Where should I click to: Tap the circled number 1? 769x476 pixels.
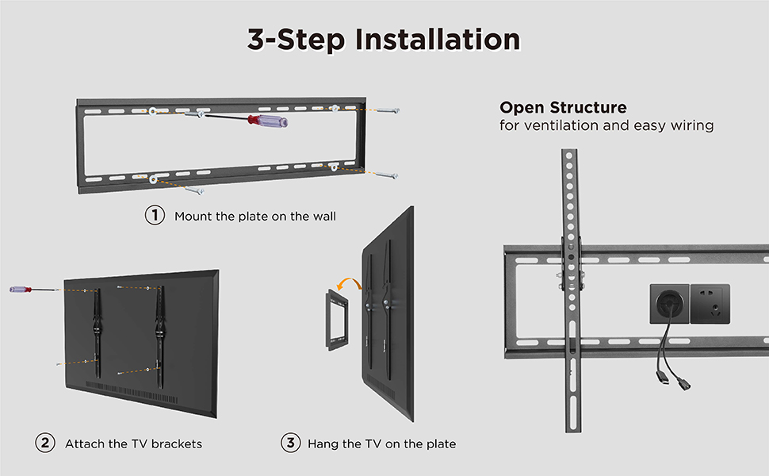coord(155,215)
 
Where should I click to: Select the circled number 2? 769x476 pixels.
coord(45,443)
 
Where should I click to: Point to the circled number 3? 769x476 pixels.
coord(290,443)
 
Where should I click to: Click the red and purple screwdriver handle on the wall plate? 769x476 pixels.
coord(268,121)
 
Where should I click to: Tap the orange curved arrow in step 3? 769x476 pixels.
coord(348,282)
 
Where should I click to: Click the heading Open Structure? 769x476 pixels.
coord(563,107)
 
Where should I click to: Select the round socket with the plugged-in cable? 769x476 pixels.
coord(669,304)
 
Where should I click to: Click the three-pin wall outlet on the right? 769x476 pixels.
coord(710,304)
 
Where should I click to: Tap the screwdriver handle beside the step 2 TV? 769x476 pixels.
coord(21,290)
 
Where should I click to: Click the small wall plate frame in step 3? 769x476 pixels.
coord(338,320)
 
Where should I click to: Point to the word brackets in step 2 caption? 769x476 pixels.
coord(177,444)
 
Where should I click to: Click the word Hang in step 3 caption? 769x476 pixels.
coord(323,444)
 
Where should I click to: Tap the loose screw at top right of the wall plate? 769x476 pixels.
coord(388,110)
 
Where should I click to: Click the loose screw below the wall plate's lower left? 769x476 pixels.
coord(195,190)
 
